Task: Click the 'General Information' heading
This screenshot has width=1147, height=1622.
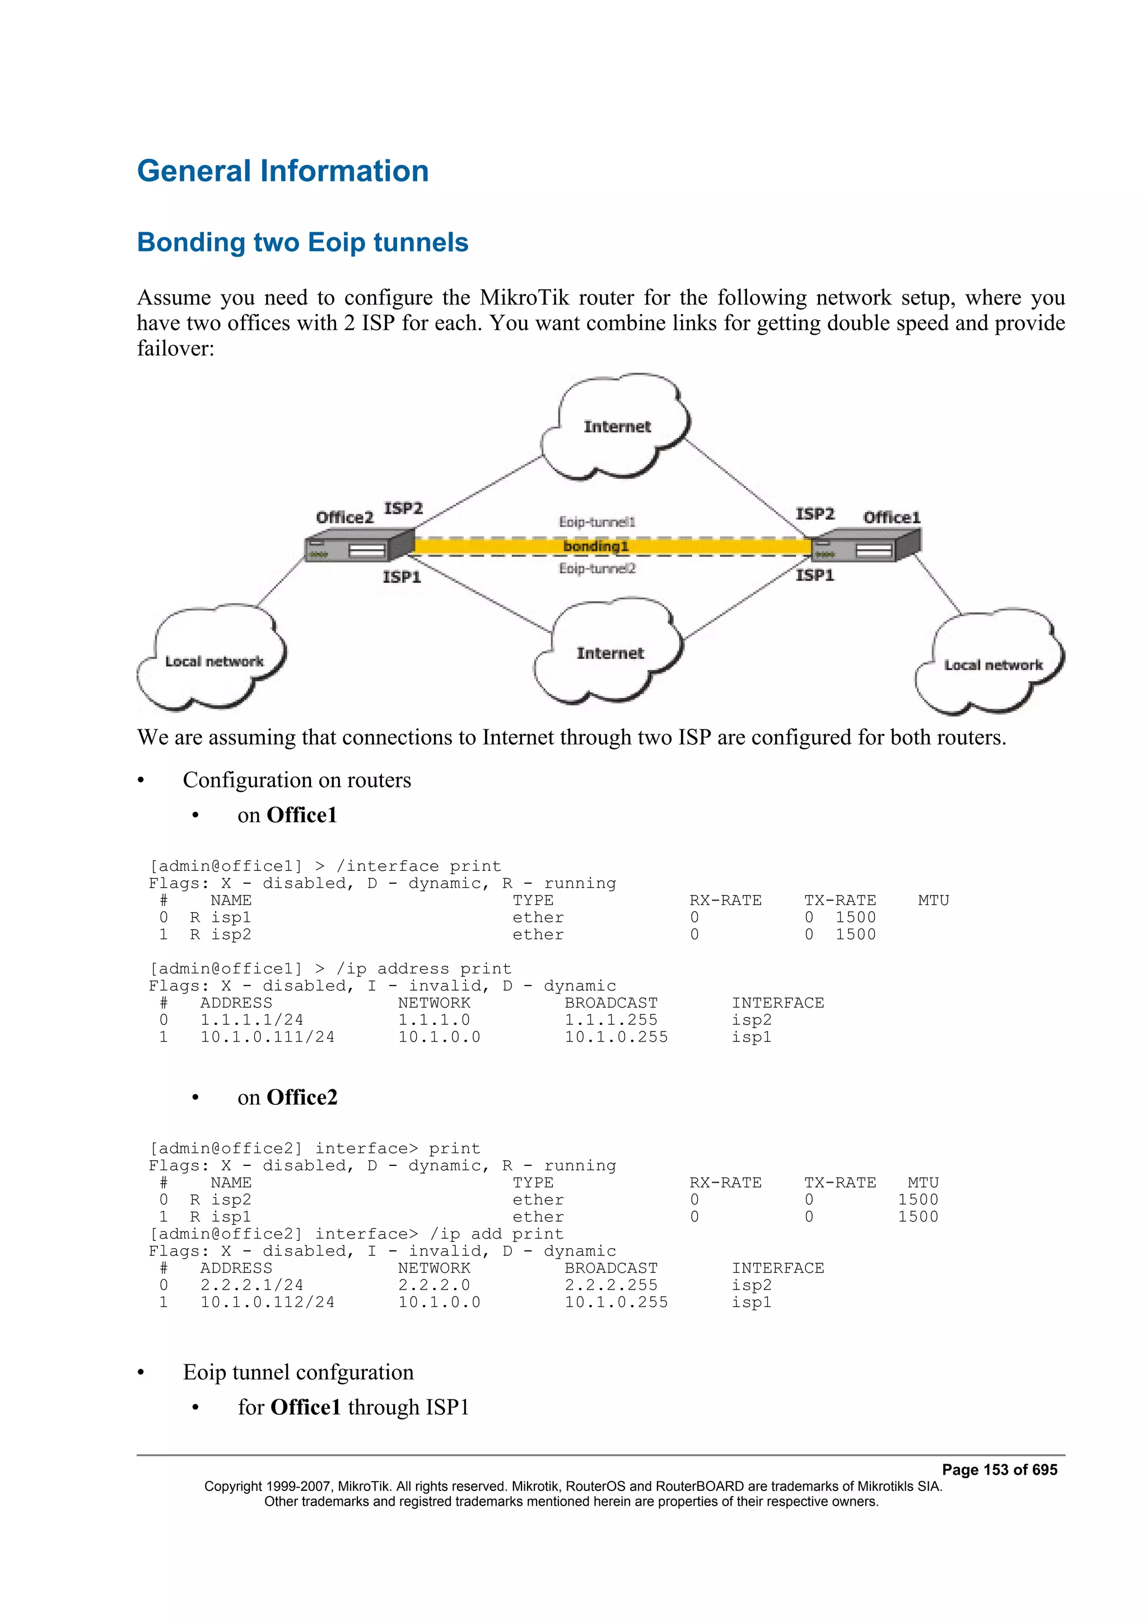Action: tap(283, 172)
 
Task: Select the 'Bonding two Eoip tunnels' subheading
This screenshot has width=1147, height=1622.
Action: tap(302, 242)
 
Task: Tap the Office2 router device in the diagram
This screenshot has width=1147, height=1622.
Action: tap(359, 546)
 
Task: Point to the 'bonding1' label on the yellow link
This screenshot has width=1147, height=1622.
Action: tap(596, 546)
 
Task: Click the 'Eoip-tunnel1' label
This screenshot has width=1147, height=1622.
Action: tap(597, 522)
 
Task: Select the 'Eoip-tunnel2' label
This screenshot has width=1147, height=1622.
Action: tap(597, 569)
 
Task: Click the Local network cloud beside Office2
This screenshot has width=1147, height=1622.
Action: tap(213, 661)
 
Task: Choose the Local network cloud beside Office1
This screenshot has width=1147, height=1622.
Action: tap(992, 665)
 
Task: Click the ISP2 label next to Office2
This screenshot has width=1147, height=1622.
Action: tap(403, 509)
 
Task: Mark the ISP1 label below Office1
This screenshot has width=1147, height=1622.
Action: tap(815, 576)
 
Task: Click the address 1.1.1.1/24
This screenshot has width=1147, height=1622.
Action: tap(251, 1020)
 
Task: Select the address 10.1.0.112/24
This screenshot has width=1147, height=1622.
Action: tap(267, 1302)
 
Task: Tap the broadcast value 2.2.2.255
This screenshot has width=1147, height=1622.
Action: tap(610, 1285)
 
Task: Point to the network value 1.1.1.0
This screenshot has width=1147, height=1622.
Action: tap(434, 1020)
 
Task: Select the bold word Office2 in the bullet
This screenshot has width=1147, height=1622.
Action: tap(302, 1097)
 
